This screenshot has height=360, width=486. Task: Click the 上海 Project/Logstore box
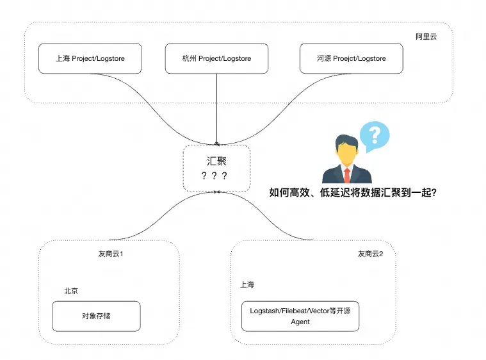[90, 58]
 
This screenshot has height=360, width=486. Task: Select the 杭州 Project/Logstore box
[216, 58]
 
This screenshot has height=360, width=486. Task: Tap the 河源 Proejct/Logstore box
[351, 58]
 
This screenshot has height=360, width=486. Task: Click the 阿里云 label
[426, 37]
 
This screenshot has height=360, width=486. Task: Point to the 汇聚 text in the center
[216, 161]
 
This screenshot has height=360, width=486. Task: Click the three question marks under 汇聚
[214, 176]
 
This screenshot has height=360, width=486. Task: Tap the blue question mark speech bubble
[375, 136]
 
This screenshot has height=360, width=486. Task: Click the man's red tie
[347, 175]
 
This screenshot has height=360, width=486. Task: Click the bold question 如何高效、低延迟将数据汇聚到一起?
[353, 193]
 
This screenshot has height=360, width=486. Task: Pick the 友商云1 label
[111, 254]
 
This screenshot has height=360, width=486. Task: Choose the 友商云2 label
[370, 254]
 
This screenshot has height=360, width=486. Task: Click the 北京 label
[71, 291]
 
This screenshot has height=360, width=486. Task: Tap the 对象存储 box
[96, 316]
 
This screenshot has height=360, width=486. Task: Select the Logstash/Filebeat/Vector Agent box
[300, 316]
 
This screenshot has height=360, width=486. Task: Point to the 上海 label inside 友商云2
[247, 284]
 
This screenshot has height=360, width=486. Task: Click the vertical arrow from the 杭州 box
[216, 109]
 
